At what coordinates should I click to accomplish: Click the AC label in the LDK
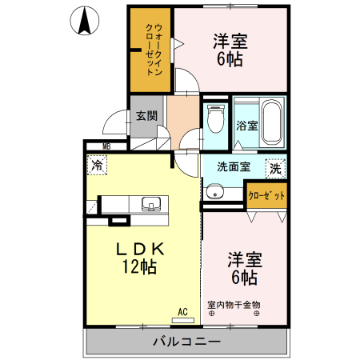[182, 311]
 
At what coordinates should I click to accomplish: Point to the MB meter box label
[106, 146]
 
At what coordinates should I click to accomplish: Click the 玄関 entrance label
[146, 115]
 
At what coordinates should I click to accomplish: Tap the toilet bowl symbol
[214, 120]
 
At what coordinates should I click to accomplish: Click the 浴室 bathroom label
[246, 126]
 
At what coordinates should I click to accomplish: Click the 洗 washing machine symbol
[274, 168]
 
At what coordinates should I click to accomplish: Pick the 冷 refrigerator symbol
[97, 166]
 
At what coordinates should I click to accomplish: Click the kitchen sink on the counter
[150, 204]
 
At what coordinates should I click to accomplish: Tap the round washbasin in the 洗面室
[214, 191]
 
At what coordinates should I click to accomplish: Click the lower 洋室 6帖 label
[244, 268]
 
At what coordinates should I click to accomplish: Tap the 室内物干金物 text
[234, 304]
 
